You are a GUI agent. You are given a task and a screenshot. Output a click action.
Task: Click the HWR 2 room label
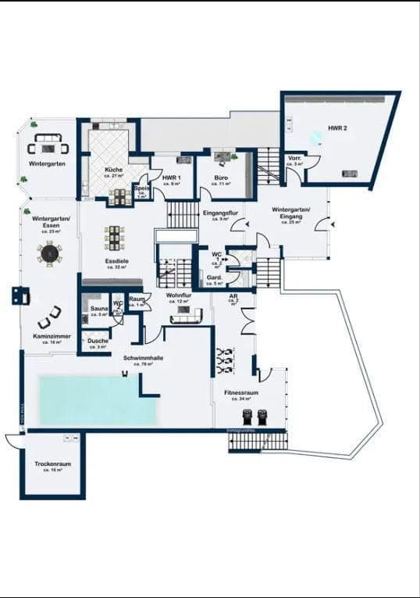337,127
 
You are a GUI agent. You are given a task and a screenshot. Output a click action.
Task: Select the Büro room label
222,177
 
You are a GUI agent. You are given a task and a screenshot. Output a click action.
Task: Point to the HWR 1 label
172,177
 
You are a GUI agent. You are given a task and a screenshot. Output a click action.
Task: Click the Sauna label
98,310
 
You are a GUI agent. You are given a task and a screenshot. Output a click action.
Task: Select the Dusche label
98,341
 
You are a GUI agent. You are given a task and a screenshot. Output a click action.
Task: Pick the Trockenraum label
52,464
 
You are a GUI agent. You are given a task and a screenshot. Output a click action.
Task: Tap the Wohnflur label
179,295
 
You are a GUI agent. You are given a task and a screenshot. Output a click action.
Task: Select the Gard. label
216,278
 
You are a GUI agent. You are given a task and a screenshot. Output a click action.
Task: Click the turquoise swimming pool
98,400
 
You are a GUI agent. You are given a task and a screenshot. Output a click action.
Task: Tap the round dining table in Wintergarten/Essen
50,253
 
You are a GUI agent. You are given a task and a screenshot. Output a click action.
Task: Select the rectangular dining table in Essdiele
116,237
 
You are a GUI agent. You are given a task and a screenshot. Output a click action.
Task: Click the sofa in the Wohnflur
186,315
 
